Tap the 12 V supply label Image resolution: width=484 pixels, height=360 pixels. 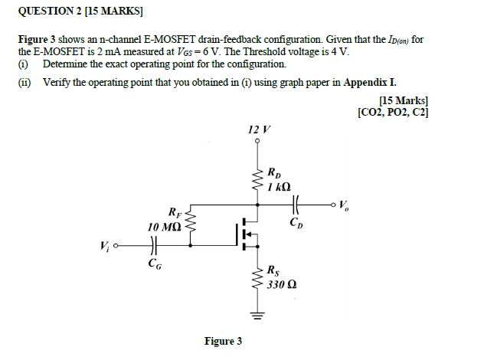point(257,130)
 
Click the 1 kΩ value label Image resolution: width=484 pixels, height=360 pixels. point(278,187)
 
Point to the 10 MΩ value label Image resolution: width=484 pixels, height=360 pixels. point(165,227)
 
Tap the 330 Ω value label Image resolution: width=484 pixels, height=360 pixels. point(282,285)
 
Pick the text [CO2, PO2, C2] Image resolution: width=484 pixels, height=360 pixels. point(392,113)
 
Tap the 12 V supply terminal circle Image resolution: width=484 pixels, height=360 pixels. point(258,141)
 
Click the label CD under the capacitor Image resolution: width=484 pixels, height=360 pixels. point(296,223)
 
